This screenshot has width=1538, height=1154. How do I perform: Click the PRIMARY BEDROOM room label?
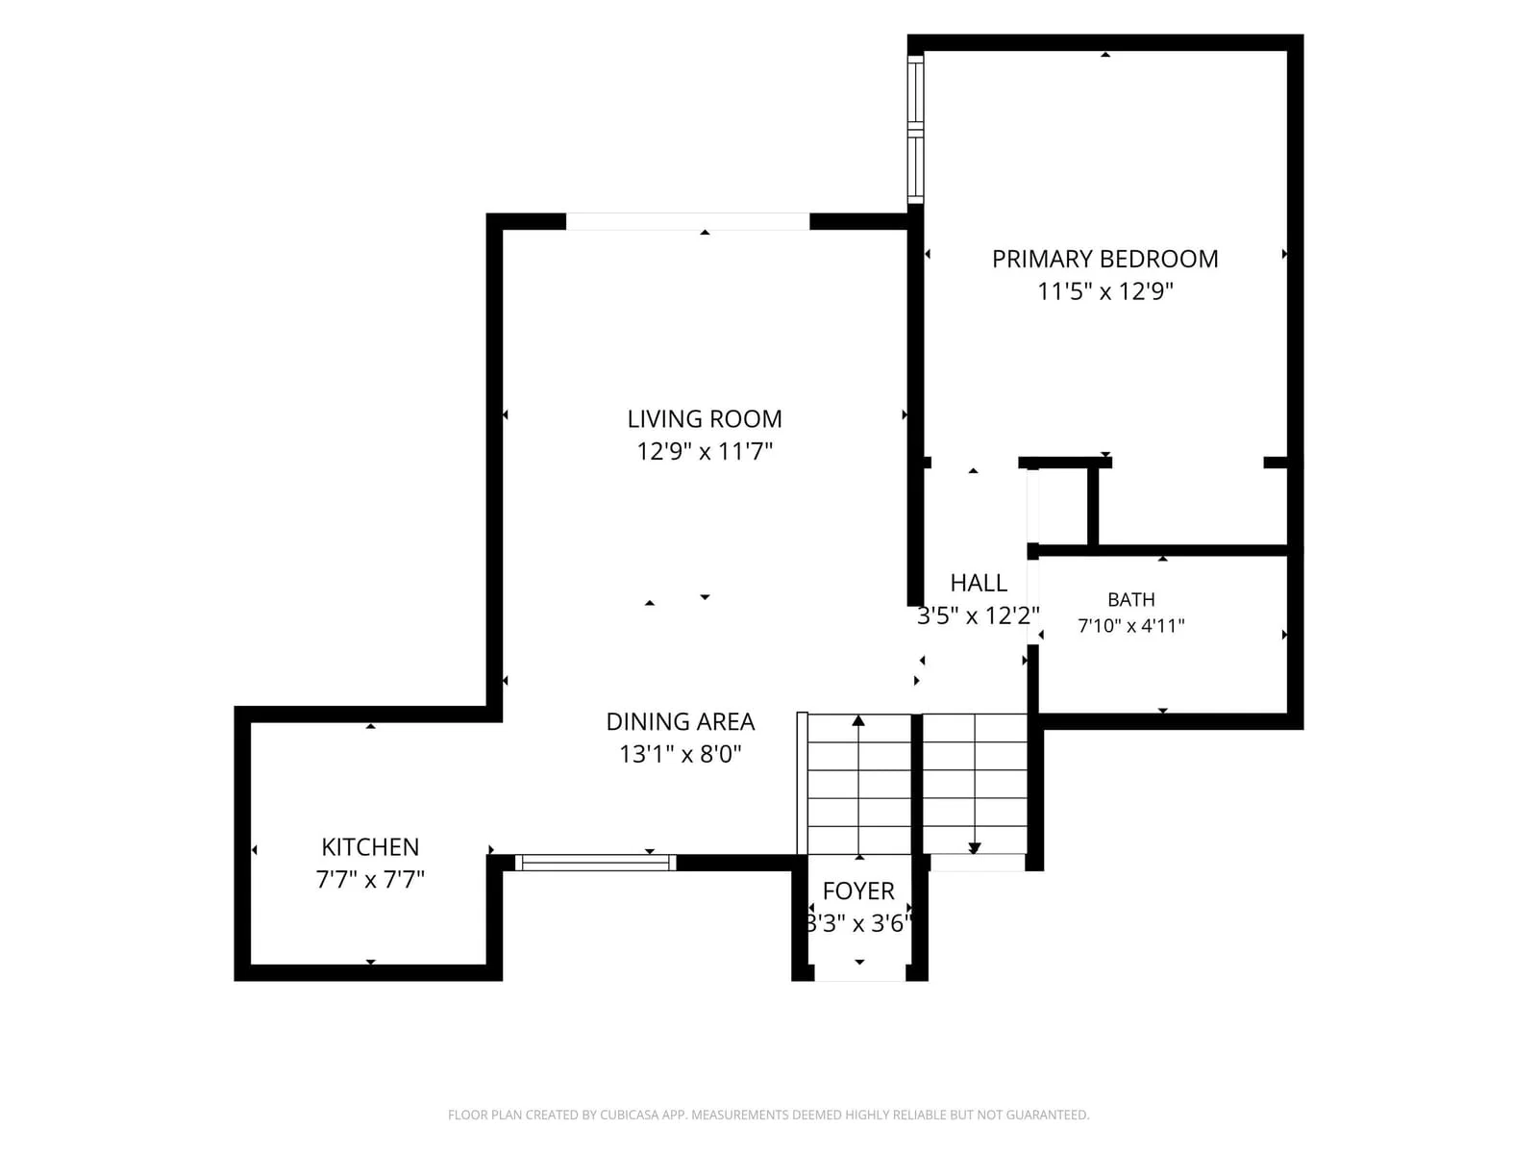tap(1105, 260)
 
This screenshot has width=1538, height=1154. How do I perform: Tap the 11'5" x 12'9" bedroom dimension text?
tap(1105, 291)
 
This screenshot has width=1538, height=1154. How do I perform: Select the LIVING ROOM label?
tap(705, 419)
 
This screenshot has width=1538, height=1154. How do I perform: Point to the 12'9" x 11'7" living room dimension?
tap(705, 451)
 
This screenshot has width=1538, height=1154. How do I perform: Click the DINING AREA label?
tap(681, 721)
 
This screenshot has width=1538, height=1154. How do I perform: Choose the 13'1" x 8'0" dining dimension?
tap(681, 754)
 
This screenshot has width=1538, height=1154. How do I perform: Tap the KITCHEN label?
tap(370, 847)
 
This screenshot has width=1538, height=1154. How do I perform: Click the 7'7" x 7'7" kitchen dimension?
tap(370, 879)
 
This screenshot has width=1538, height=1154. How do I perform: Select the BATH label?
tap(1130, 600)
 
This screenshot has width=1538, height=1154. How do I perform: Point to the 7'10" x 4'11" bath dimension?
tap(1130, 626)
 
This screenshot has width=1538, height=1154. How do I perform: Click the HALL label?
tap(979, 583)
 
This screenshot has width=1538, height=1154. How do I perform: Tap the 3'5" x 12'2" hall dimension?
tap(979, 615)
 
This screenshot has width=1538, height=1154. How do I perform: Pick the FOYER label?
tap(858, 891)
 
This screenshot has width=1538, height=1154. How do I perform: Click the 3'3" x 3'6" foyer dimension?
tap(858, 923)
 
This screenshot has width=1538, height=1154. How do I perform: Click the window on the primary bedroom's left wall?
tap(915, 129)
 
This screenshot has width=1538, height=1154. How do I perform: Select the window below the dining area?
tap(596, 863)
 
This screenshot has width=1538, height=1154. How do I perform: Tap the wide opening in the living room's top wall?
tap(687, 221)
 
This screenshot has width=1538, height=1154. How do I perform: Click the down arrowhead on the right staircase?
tap(974, 848)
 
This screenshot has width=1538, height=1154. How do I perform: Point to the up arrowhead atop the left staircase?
tap(858, 720)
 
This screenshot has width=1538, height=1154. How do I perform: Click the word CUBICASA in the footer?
tap(625, 1115)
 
